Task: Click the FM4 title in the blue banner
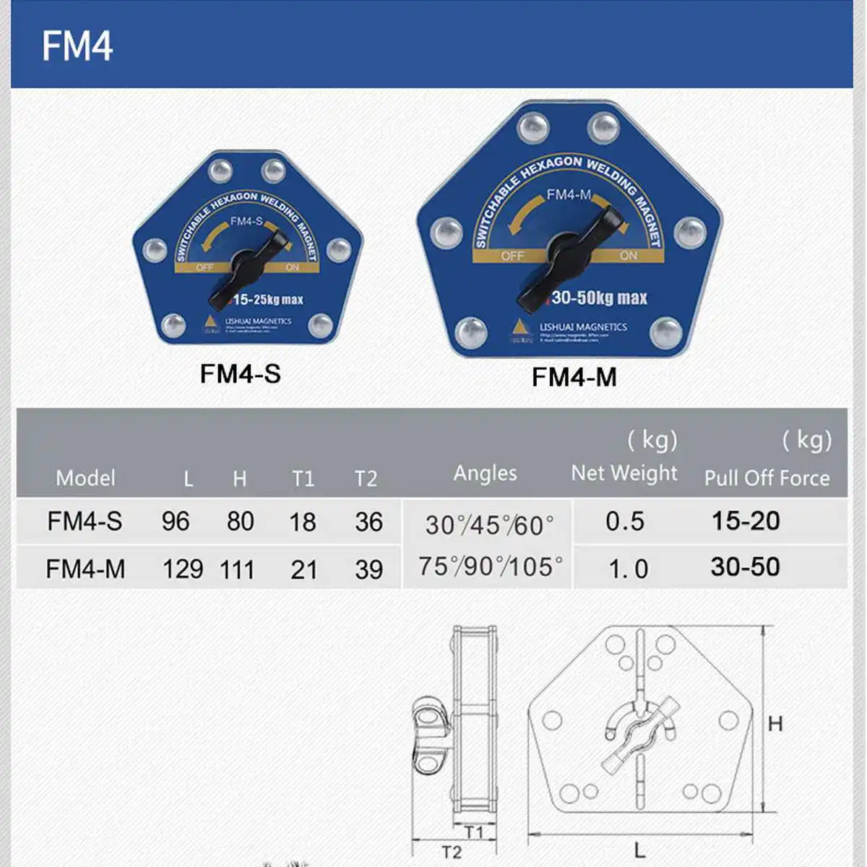tap(77, 46)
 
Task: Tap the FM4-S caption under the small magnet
tap(240, 374)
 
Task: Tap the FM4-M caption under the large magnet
tap(574, 377)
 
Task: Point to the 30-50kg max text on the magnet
tap(599, 298)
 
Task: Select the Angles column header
tap(485, 473)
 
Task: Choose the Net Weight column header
tap(624, 473)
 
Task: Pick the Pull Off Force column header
tap(767, 478)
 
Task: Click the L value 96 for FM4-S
tap(176, 522)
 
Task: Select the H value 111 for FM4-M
tap(237, 570)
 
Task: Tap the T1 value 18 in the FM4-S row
tap(303, 522)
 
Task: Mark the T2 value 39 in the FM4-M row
tap(368, 570)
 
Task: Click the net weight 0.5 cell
tap(625, 522)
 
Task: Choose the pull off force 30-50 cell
tap(745, 567)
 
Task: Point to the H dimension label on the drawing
tap(775, 723)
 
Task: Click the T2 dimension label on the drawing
tap(452, 853)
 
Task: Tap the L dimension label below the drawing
tap(639, 850)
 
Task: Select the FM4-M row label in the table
tap(85, 569)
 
